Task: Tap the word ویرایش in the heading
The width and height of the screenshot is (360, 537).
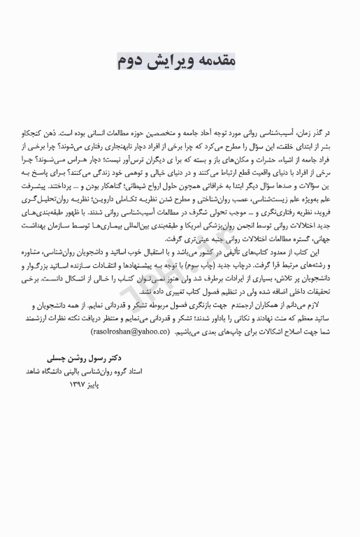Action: [176, 62]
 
